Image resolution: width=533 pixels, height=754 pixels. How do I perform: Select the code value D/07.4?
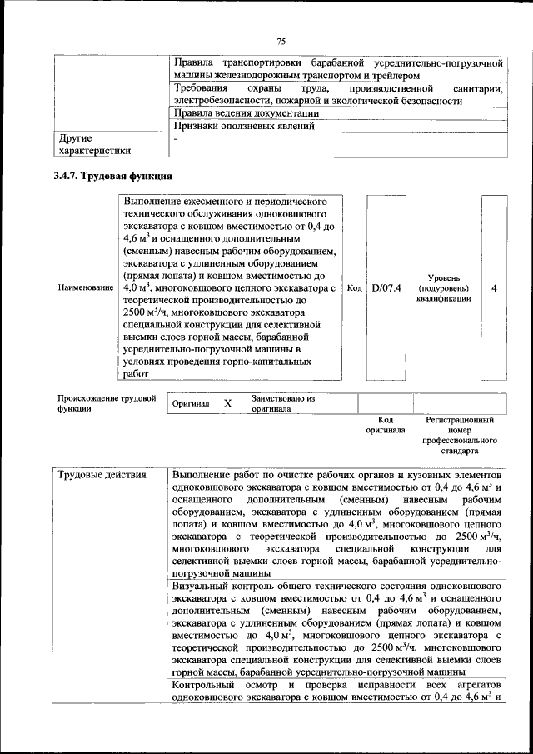pyautogui.click(x=386, y=287)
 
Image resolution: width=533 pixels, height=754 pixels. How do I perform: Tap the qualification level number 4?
pyautogui.click(x=494, y=287)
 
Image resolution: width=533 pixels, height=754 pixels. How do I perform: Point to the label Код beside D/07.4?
pyautogui.click(x=353, y=287)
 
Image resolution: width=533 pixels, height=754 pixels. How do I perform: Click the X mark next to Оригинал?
pyautogui.click(x=227, y=403)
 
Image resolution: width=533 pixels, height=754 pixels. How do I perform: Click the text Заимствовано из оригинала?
pyautogui.click(x=282, y=403)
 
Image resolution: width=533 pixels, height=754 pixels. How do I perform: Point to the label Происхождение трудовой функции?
pyautogui.click(x=107, y=403)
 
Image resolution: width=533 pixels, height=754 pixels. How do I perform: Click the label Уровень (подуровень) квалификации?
pyautogui.click(x=441, y=287)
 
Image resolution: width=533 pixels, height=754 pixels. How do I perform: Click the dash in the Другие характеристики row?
pyautogui.click(x=176, y=138)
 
